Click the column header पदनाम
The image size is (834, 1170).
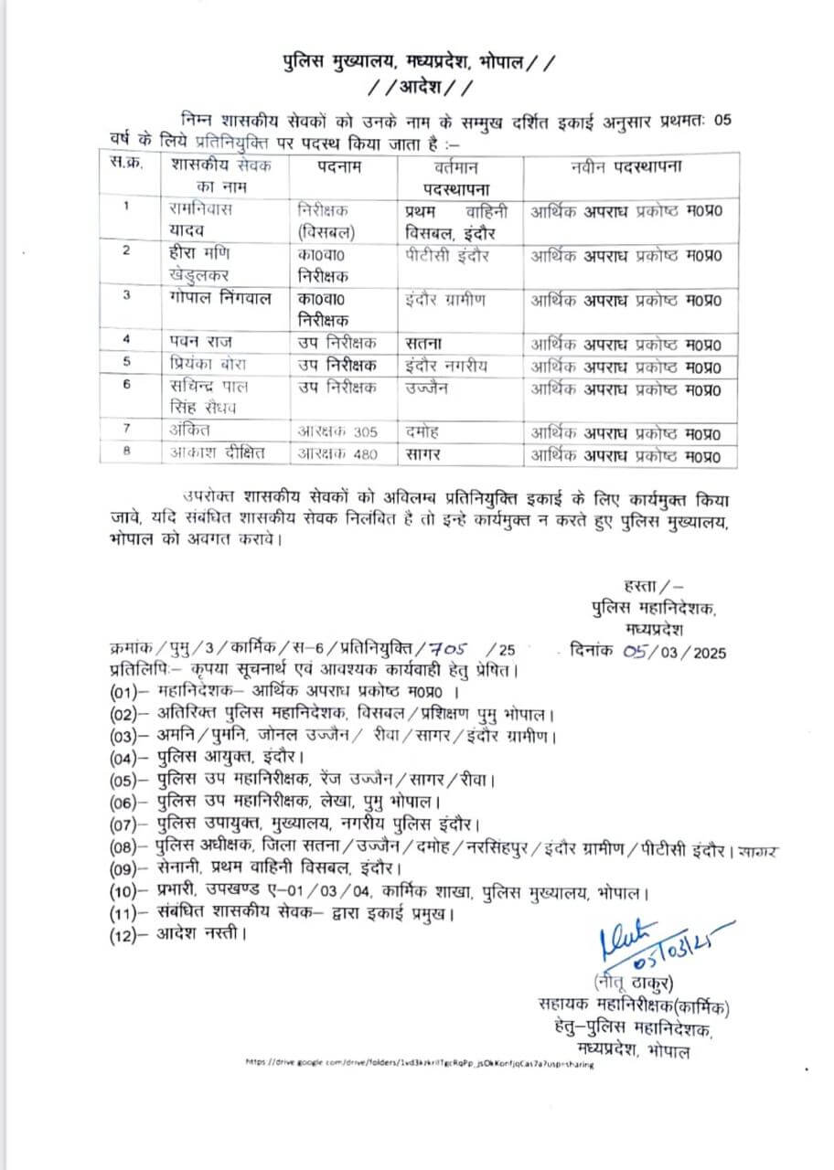tap(340, 167)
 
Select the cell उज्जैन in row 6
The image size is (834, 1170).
tap(431, 388)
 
